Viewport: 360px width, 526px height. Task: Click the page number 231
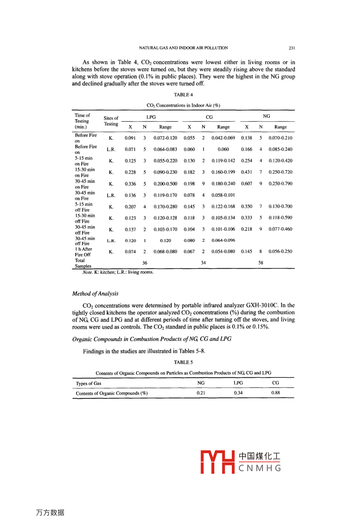pos(292,48)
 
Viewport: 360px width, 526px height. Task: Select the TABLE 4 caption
pos(183,95)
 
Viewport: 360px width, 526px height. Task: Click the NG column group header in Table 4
pos(266,116)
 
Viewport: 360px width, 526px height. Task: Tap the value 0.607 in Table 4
pos(247,184)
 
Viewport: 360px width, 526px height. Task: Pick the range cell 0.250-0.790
pos(280,184)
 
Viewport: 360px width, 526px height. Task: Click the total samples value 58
pos(260,263)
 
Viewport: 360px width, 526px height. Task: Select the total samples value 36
pos(145,263)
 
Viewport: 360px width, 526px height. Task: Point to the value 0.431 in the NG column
pos(247,172)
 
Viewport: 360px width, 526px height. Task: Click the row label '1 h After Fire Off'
pos(84,252)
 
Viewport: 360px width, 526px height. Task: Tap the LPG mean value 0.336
pos(130,184)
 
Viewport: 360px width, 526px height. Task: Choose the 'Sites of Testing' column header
pos(111,121)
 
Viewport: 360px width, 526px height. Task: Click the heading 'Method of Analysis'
pos(95,294)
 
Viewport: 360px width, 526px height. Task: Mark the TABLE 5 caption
pos(183,363)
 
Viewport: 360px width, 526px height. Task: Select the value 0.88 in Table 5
pos(275,393)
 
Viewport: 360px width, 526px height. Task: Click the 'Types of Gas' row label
pos(88,383)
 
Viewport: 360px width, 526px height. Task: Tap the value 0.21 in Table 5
pos(201,393)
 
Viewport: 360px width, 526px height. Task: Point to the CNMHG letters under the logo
pos(260,468)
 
